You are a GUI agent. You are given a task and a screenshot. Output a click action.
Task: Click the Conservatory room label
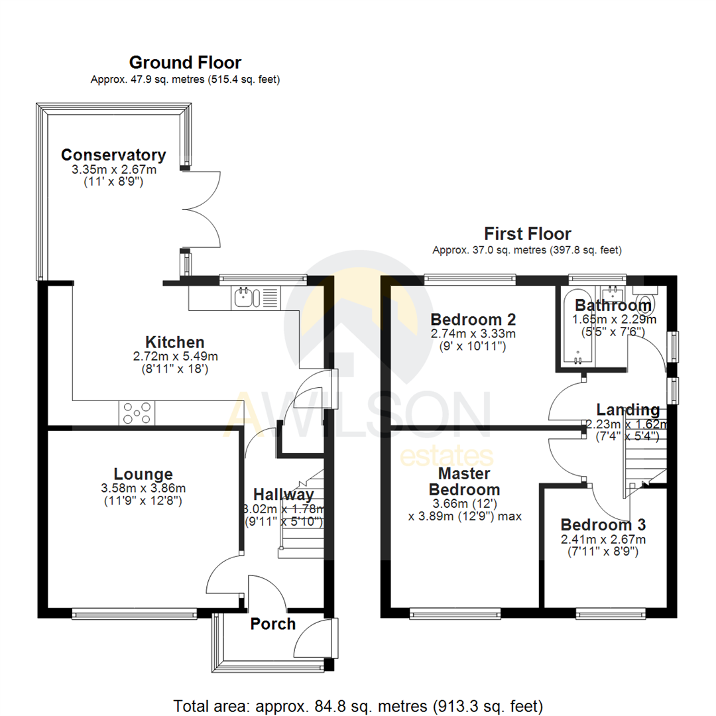113,155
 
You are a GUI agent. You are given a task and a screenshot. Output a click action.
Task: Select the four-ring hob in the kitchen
137,413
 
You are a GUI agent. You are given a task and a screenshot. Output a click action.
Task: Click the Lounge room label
143,474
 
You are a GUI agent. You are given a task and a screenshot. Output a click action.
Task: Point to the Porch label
272,625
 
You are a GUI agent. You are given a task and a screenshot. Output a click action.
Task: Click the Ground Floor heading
185,63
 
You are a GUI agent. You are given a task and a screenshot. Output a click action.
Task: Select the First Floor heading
527,233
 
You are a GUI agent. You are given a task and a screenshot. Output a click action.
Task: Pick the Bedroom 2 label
473,319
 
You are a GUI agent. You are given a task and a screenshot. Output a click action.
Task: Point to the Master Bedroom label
464,482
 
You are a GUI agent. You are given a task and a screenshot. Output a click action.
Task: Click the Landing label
627,409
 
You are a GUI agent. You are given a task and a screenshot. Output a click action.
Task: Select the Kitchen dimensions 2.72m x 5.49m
175,357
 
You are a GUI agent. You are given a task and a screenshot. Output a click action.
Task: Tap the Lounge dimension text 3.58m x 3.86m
143,489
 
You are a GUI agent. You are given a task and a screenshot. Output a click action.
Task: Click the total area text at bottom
358,704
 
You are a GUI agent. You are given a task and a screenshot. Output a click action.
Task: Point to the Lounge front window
134,615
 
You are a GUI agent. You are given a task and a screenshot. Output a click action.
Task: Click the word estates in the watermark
446,457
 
